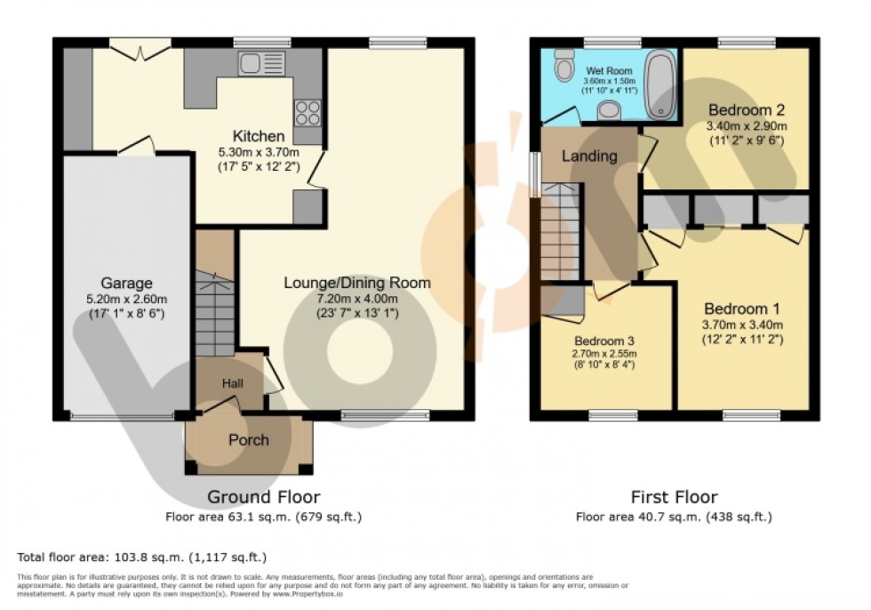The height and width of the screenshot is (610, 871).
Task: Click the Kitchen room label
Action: tap(259, 136)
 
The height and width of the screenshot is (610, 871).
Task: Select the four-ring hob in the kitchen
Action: tap(308, 113)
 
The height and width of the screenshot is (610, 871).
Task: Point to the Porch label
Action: tap(248, 440)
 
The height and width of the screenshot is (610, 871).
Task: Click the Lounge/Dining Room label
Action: tap(356, 283)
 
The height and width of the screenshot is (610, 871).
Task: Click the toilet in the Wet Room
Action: tap(563, 65)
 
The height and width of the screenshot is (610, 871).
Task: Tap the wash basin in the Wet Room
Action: tap(610, 109)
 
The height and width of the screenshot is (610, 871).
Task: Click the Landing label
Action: tap(588, 157)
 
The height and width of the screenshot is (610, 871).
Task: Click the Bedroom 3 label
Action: tap(603, 341)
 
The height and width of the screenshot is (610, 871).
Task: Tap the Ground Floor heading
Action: tap(263, 497)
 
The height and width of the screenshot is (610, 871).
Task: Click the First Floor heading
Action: tap(673, 497)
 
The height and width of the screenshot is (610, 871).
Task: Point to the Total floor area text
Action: tap(142, 558)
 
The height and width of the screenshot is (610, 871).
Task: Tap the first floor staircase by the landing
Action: tap(560, 231)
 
